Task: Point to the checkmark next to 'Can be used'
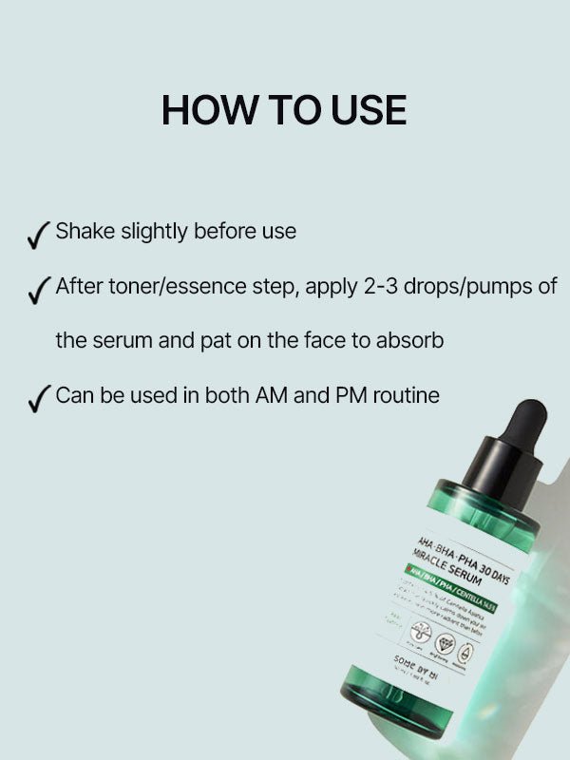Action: [39, 398]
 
